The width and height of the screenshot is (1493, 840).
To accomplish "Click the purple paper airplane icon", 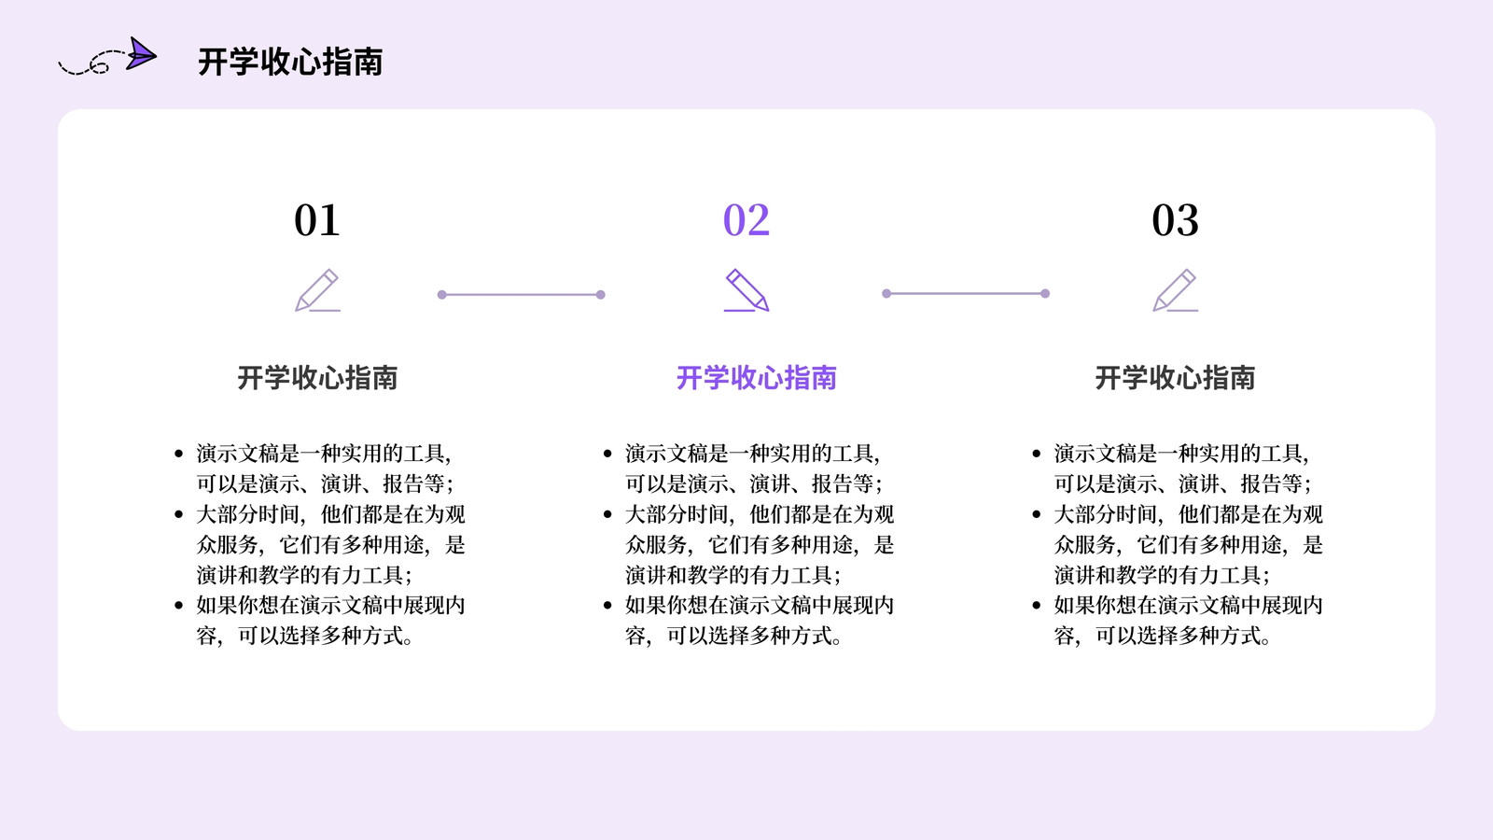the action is pos(141,54).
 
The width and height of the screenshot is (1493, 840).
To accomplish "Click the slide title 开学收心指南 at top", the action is pos(290,62).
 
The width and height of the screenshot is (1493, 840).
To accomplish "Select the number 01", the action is pos(317,220).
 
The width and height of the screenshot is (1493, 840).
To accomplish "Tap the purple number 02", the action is pos(746,220).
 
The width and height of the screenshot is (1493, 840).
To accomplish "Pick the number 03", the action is pos(1175,220).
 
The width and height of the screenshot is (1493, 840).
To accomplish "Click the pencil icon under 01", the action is pos(317,290).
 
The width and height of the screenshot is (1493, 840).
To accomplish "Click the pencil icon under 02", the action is pos(746,290).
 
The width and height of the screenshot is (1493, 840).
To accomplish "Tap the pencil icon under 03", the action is pos(1175,290).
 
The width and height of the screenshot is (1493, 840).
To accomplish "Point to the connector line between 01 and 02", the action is pos(522,295).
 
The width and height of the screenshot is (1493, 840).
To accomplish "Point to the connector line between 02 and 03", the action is pos(966,293).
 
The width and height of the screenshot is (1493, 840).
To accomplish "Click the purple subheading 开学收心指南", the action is pos(757,378).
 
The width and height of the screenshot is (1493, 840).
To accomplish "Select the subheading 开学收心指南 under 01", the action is pos(317,378).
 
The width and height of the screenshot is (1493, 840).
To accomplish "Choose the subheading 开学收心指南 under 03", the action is pos(1175,378).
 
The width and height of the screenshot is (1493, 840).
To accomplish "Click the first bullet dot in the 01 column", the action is pos(178,454).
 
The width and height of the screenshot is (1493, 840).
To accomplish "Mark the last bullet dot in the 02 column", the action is pos(607,606).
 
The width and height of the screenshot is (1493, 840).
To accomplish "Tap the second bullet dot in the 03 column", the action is pos(1037,514).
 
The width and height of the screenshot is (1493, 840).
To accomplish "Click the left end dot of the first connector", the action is pos(442,295).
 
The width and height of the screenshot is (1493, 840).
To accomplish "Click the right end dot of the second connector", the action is pos(1045,293).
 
